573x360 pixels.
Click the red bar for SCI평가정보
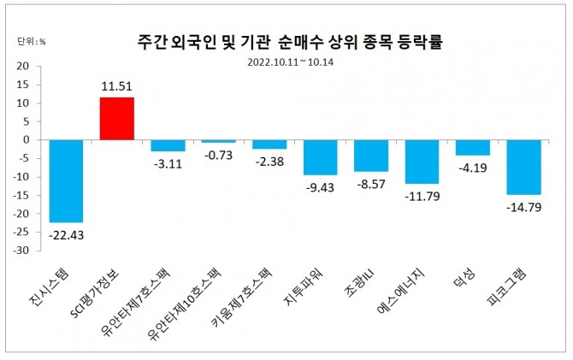point(117,118)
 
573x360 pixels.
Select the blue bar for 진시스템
point(66,180)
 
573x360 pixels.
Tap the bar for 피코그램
point(523,167)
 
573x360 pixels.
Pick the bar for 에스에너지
point(422,162)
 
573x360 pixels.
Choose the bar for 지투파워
point(320,157)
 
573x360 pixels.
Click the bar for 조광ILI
point(371,156)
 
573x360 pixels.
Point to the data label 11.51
point(117,86)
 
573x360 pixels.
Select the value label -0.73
point(218,154)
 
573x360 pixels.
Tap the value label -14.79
point(523,206)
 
